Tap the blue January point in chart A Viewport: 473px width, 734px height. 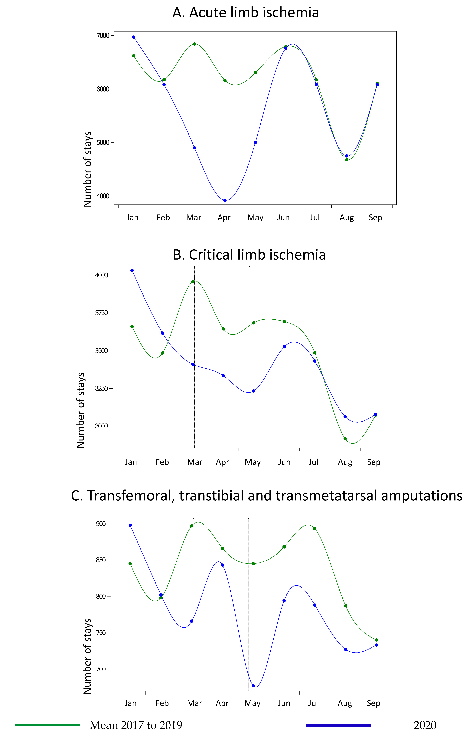(x=134, y=37)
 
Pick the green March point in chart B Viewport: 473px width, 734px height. (x=193, y=281)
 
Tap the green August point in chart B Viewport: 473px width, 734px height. (x=345, y=439)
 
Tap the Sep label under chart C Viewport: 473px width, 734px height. (x=374, y=703)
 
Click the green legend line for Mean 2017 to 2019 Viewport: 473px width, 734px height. (x=48, y=725)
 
